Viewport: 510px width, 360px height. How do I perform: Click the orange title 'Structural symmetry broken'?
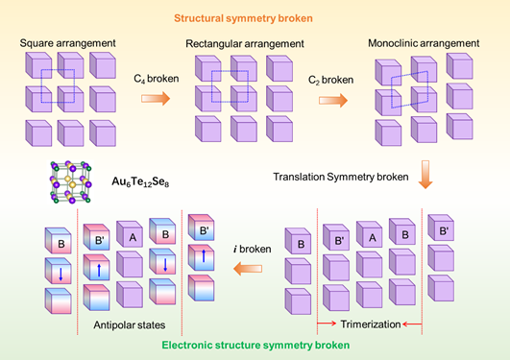[x=243, y=18]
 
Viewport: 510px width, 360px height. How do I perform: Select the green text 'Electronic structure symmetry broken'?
[x=255, y=345]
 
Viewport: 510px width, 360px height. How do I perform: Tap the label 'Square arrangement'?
[x=67, y=43]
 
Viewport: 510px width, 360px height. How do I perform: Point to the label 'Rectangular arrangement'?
[x=245, y=44]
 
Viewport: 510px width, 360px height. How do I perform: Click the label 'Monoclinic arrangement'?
[x=424, y=43]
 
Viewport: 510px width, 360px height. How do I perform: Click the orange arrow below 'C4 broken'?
[x=156, y=98]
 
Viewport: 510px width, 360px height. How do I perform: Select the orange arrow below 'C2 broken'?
[x=333, y=100]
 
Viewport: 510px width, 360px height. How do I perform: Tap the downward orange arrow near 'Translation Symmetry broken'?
[x=425, y=175]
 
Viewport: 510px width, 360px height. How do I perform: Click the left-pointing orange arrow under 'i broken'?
[x=248, y=269]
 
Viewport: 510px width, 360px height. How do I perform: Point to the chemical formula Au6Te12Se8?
[x=140, y=181]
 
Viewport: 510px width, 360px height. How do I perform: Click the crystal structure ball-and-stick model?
[x=70, y=181]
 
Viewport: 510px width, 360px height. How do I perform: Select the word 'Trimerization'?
[x=371, y=324]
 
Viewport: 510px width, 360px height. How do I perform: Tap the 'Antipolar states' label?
[x=130, y=324]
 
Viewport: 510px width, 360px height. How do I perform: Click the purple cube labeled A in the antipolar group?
[x=130, y=234]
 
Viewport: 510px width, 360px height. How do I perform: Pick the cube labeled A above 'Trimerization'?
[x=369, y=234]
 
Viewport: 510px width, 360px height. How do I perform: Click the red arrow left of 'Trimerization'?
[x=327, y=324]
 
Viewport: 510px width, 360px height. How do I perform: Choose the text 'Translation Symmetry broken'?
[x=341, y=177]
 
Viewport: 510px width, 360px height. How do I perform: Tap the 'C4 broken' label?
[x=157, y=79]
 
